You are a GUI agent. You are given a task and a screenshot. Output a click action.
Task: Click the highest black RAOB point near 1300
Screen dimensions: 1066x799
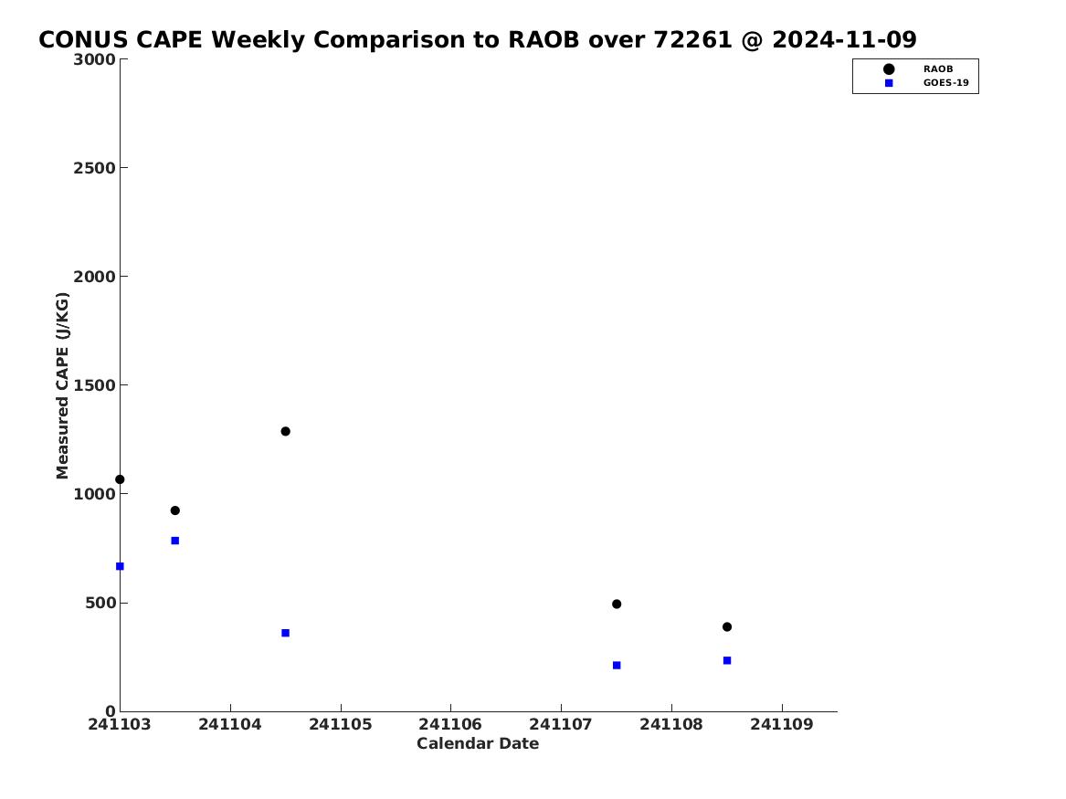click(x=286, y=431)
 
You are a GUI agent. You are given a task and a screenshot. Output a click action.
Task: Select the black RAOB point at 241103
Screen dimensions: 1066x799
click(x=120, y=479)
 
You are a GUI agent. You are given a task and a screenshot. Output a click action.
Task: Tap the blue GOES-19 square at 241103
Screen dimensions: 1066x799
click(x=120, y=567)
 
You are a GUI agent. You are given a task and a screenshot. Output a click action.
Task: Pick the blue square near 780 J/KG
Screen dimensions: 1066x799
click(x=174, y=541)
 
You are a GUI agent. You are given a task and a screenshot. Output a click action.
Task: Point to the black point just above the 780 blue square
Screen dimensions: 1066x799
click(x=174, y=510)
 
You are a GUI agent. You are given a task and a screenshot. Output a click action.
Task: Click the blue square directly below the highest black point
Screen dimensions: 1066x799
click(x=286, y=633)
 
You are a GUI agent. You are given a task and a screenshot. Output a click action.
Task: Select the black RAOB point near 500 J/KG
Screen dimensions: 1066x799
click(x=617, y=604)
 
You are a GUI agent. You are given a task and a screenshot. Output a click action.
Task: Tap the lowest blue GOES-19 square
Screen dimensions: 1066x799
click(x=617, y=666)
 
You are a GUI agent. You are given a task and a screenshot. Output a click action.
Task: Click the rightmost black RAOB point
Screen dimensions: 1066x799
click(x=727, y=627)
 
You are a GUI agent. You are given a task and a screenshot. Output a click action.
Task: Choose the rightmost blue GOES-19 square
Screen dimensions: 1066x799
click(x=727, y=660)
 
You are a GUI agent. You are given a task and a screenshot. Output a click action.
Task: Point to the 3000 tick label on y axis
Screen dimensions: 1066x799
click(x=94, y=59)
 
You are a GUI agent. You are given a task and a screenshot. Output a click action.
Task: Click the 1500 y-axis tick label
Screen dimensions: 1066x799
click(x=94, y=385)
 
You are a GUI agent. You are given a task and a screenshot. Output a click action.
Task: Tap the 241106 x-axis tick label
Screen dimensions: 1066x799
click(x=450, y=724)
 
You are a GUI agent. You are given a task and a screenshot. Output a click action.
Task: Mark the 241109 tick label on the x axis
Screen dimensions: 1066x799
click(x=782, y=724)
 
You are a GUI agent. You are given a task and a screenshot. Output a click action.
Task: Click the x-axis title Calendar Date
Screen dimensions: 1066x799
click(x=478, y=744)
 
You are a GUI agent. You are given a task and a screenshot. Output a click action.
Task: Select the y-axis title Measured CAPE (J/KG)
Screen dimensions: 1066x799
click(x=62, y=386)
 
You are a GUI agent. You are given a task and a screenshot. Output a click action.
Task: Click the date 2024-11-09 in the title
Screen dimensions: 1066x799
click(x=844, y=40)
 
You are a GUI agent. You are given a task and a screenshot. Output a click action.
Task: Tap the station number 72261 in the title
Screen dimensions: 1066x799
click(x=692, y=40)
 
